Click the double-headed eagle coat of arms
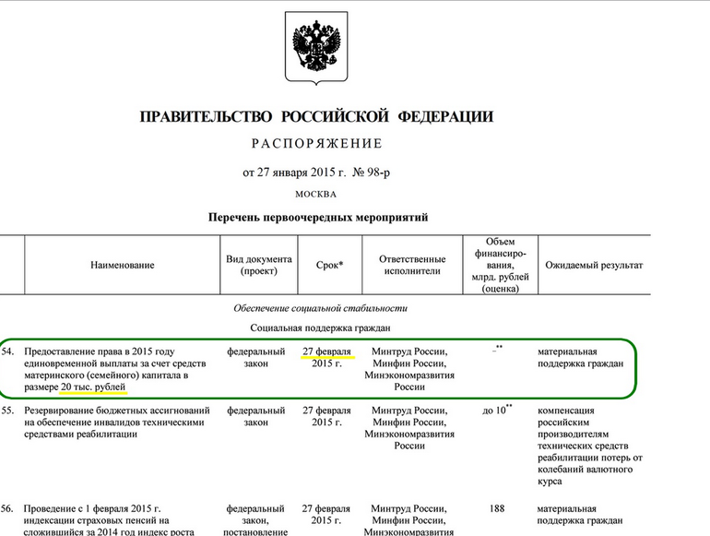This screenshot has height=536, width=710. point(316,49)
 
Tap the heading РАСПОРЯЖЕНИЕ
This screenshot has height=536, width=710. point(316,144)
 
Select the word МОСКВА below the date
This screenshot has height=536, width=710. point(316,195)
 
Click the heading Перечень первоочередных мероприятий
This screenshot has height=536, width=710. point(317,218)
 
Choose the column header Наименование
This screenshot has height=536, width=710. point(123,266)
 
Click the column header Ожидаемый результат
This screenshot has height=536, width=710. point(594,266)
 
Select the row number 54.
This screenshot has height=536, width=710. point(7,351)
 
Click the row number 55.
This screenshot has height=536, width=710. point(7,409)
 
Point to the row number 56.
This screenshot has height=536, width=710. point(7,508)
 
